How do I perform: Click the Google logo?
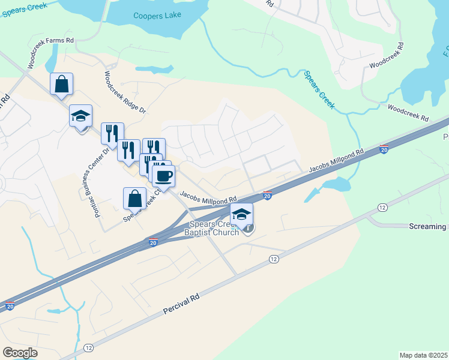pos(20,352)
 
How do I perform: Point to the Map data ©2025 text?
pos(423,355)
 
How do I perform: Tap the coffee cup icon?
pos(163,176)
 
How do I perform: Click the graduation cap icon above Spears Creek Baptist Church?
pos(241,214)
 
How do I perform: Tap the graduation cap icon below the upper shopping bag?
pos(80,116)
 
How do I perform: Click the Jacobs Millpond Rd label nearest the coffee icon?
pos(208,197)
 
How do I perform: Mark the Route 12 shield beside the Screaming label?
pos(382,207)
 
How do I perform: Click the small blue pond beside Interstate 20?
pos(334,184)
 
